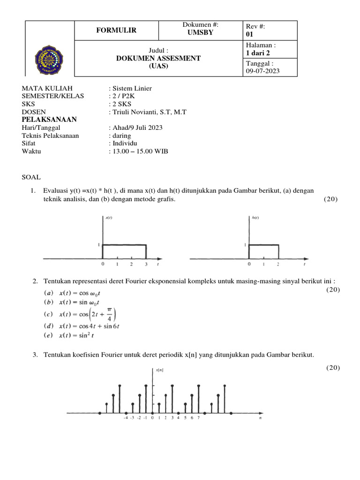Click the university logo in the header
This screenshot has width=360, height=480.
pos(50,59)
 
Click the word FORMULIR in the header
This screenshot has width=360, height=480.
pos(117,30)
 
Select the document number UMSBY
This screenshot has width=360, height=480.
pos(200,33)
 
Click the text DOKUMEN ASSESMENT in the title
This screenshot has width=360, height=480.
pos(158,58)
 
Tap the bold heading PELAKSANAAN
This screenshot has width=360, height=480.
pos(49,120)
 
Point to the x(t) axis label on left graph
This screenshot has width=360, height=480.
pos(109,217)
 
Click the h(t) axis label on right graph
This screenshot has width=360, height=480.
pos(256,217)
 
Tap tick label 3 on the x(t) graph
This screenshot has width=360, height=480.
pos(146,265)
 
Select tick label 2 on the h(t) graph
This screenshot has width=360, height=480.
pos(279,265)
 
